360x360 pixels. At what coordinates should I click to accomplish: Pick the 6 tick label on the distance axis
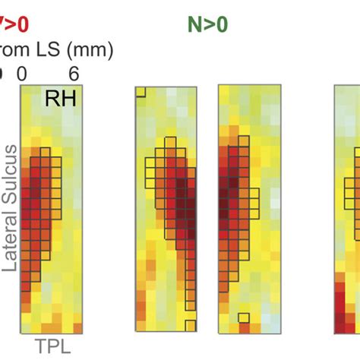click(74, 73)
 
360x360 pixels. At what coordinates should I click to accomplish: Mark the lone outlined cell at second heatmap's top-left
click(141, 92)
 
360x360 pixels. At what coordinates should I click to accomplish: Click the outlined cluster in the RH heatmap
click(42, 205)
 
